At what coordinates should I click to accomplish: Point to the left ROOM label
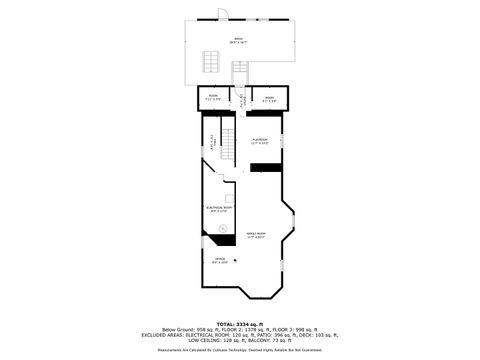(x=212, y=98)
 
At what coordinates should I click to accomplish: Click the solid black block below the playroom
(x=266, y=167)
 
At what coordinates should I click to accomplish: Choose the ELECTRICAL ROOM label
(x=219, y=209)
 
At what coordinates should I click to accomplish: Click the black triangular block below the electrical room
(x=231, y=238)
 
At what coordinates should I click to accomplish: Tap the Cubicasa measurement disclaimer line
(x=239, y=351)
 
